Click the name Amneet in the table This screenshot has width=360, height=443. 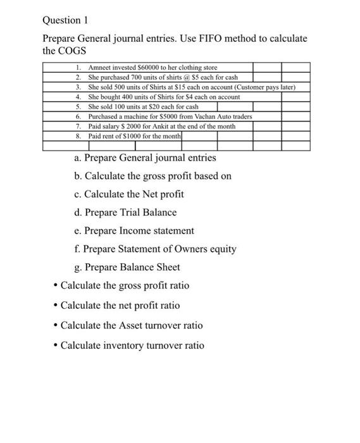pyautogui.click(x=99, y=67)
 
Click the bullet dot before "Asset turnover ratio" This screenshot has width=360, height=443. pyautogui.click(x=56, y=325)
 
